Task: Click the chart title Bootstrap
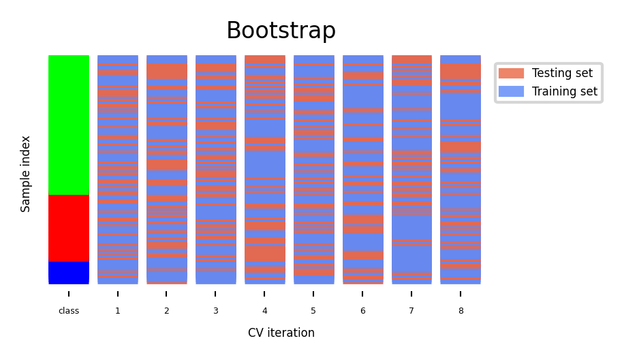click(x=281, y=31)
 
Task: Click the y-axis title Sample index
click(x=26, y=174)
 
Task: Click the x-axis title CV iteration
click(x=281, y=333)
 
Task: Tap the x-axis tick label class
click(x=69, y=311)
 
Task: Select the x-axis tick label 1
click(x=117, y=311)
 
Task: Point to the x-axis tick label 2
click(x=166, y=311)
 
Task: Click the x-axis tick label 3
click(x=215, y=311)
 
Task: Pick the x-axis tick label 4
click(x=264, y=311)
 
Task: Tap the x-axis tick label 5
click(x=313, y=311)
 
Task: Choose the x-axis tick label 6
click(x=362, y=311)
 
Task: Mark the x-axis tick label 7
click(x=411, y=311)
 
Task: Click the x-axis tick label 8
click(x=461, y=311)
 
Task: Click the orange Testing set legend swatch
click(x=511, y=73)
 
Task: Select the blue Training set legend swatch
click(x=511, y=91)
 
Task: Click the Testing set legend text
click(x=562, y=73)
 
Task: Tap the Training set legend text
click(x=564, y=91)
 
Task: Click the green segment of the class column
click(x=69, y=125)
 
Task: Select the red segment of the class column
click(x=69, y=228)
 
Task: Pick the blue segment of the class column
click(x=69, y=272)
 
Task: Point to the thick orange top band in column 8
click(x=461, y=71)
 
